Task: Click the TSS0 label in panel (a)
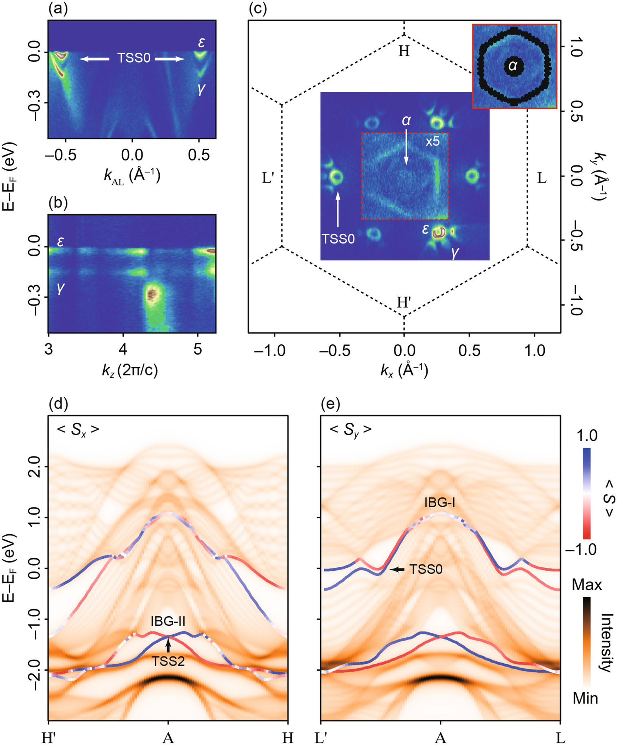tap(134, 58)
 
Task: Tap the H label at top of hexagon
tap(404, 51)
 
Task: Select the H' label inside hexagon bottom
tap(404, 303)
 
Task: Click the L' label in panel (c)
tap(267, 178)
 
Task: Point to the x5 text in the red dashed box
tap(432, 141)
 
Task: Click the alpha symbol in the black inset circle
tap(513, 65)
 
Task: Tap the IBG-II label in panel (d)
tap(168, 622)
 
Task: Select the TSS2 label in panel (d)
tap(168, 661)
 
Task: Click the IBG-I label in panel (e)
tap(440, 502)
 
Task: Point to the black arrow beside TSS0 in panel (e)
tap(397, 569)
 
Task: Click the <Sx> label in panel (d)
tap(78, 430)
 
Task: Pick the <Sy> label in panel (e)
tap(350, 430)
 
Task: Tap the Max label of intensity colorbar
tap(586, 585)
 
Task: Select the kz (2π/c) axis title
tap(130, 370)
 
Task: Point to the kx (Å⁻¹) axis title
tap(404, 370)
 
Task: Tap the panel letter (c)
tap(258, 9)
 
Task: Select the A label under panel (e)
tap(440, 738)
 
